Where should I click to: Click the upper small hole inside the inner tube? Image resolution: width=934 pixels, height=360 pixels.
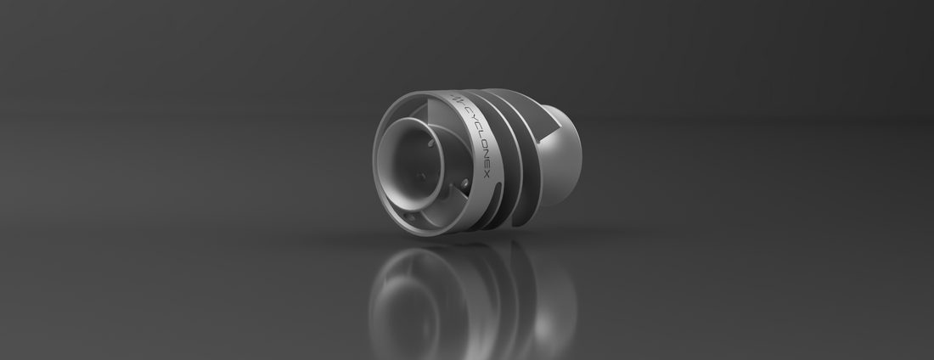[x=430, y=143]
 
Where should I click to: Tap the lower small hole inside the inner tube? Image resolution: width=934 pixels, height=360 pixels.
[x=421, y=177]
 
